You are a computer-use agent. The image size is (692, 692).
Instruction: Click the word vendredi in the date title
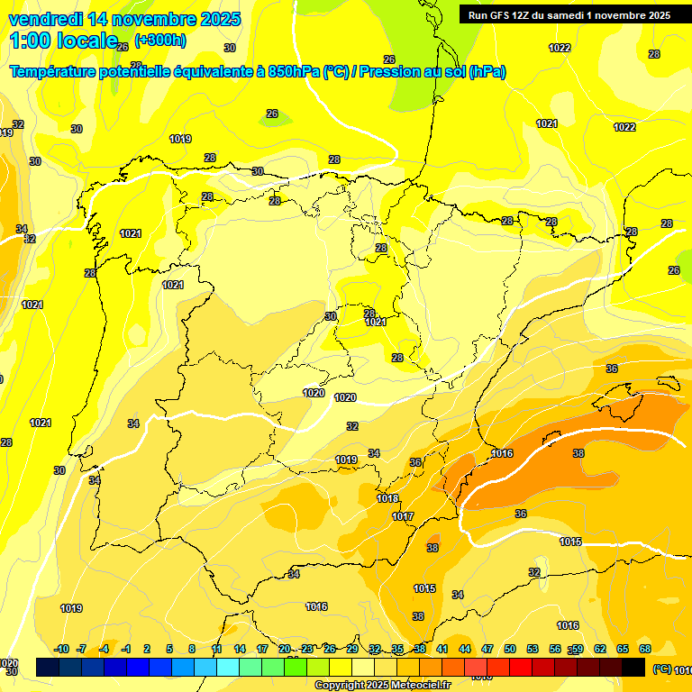click(46, 19)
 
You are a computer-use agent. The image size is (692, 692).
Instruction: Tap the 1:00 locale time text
click(62, 41)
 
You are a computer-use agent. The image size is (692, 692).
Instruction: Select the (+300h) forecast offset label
click(160, 40)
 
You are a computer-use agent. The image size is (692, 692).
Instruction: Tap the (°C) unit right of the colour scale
click(661, 669)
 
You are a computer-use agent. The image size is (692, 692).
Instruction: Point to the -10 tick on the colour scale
click(61, 649)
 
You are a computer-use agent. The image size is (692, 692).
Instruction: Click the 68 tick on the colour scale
click(645, 649)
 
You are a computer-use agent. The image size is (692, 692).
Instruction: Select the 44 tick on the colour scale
click(465, 649)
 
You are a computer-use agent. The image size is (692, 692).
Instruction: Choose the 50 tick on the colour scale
click(510, 649)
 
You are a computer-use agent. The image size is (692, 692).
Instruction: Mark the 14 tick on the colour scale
click(240, 649)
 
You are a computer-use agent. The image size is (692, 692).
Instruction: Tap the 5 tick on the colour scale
click(170, 649)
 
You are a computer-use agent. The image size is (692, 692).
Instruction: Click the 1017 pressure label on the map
click(403, 516)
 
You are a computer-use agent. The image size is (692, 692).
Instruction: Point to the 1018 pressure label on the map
click(387, 498)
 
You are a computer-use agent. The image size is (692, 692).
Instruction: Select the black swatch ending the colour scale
click(633, 667)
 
